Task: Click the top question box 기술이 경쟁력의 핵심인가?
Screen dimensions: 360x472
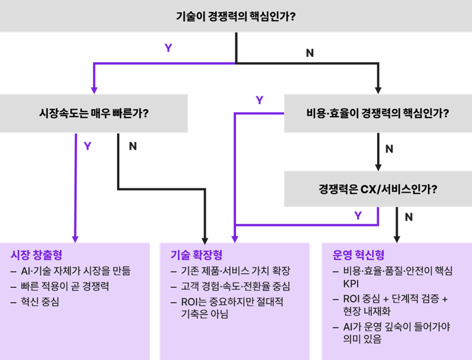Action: pyautogui.click(x=235, y=16)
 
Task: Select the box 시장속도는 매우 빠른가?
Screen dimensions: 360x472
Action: pyautogui.click(x=94, y=113)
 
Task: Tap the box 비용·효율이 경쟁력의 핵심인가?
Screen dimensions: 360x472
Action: pyautogui.click(x=378, y=113)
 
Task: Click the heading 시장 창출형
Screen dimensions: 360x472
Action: pyautogui.click(x=36, y=254)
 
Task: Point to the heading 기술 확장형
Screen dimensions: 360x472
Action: pyautogui.click(x=197, y=254)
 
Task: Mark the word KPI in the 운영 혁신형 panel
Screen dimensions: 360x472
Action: pyautogui.click(x=351, y=283)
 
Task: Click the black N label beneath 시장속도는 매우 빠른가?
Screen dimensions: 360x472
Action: pyautogui.click(x=133, y=146)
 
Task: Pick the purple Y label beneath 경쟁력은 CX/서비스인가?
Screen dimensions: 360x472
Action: pyautogui.click(x=358, y=215)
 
